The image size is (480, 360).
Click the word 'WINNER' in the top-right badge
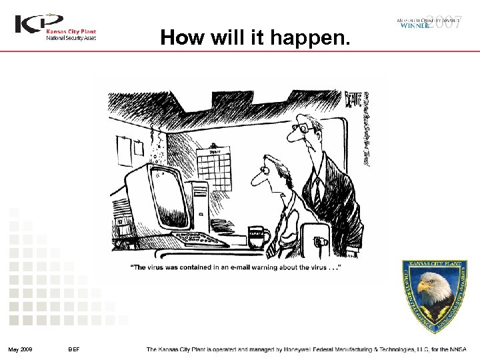click(414, 26)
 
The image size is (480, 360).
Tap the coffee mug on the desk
click(257, 236)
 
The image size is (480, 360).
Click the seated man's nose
click(256, 179)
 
